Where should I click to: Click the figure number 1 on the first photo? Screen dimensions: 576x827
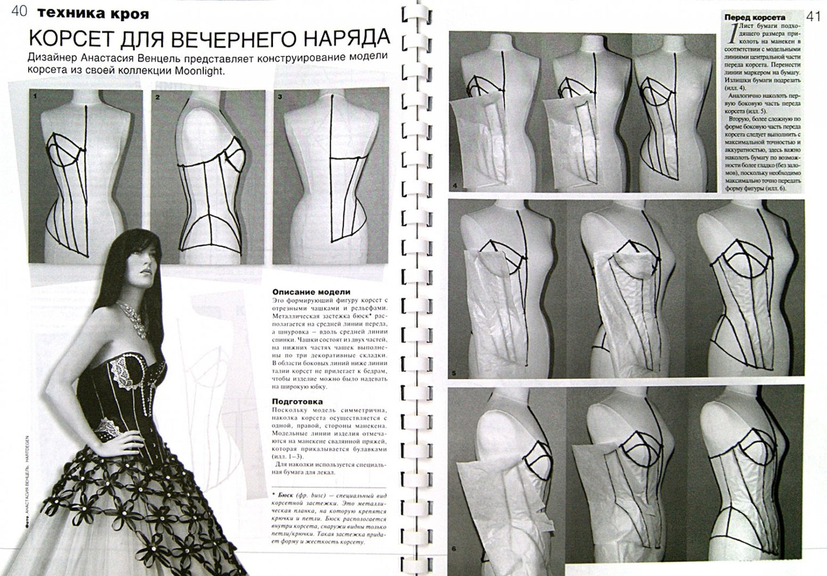(x=35, y=97)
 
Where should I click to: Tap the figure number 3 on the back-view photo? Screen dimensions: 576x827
(x=279, y=97)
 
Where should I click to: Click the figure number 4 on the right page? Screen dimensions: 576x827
(x=454, y=186)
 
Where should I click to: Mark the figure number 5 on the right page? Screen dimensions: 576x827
(x=453, y=374)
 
